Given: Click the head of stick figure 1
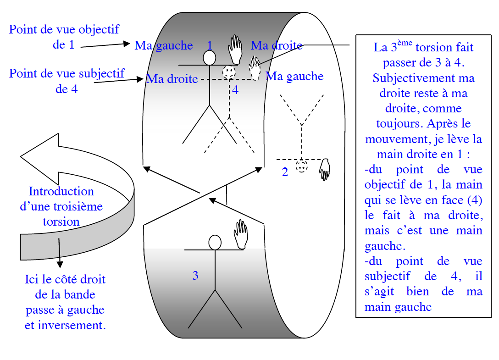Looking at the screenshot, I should pyautogui.click(x=210, y=58).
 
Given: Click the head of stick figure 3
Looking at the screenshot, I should pyautogui.click(x=215, y=242).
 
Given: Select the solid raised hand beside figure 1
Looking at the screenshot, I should pyautogui.click(x=236, y=49).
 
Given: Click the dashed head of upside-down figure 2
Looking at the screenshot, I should pyautogui.click(x=301, y=166).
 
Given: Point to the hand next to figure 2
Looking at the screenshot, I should pyautogui.click(x=325, y=169).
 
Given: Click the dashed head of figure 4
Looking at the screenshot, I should pyautogui.click(x=229, y=72).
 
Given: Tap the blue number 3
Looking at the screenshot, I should pyautogui.click(x=195, y=276).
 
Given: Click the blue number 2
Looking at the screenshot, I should pyautogui.click(x=285, y=172).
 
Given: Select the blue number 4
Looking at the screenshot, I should pyautogui.click(x=235, y=90).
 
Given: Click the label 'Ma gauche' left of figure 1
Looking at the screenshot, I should pyautogui.click(x=164, y=45).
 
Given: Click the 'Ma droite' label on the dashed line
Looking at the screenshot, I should pyautogui.click(x=172, y=79).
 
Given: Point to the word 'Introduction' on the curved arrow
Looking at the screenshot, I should pyautogui.click(x=61, y=191).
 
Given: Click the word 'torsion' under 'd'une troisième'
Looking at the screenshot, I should pyautogui.click(x=61, y=222).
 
